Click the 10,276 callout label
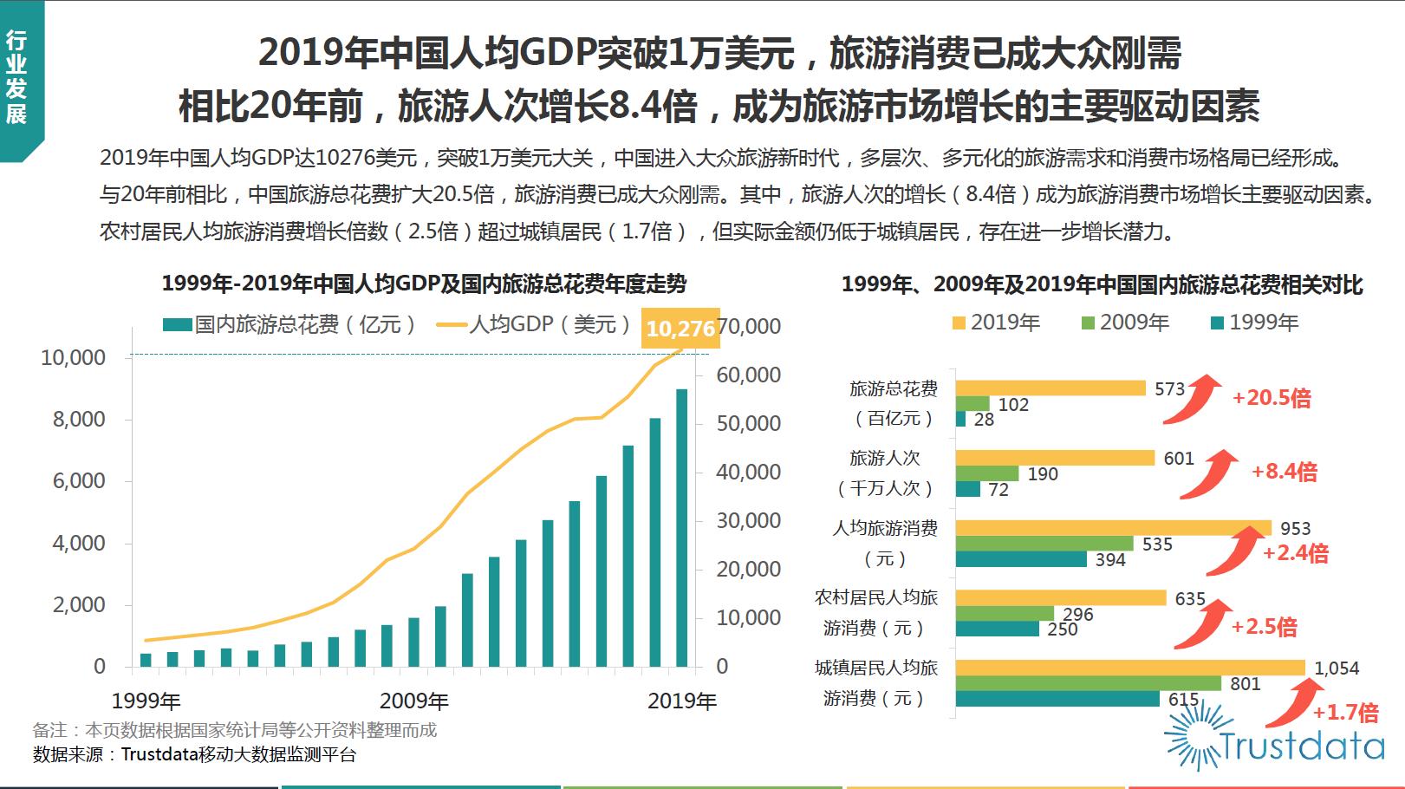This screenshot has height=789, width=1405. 680,329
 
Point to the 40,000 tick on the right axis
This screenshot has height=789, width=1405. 748,473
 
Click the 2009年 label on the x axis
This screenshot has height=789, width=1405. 413,701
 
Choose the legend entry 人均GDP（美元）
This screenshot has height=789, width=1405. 535,324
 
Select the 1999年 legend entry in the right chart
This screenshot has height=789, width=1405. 1254,323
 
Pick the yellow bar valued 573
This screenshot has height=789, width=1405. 1050,388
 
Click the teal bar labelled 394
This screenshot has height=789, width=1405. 1020,559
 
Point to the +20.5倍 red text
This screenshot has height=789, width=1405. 1271,398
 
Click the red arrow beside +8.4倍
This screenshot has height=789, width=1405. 1208,475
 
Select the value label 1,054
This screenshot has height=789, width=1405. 1337,668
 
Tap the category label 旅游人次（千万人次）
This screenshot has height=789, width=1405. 885,473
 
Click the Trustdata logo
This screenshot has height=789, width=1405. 1274,741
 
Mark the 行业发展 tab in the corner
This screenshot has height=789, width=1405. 16,78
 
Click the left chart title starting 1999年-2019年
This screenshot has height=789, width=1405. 424,284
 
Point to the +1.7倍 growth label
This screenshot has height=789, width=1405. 1344,713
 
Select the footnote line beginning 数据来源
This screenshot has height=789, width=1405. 194,754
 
